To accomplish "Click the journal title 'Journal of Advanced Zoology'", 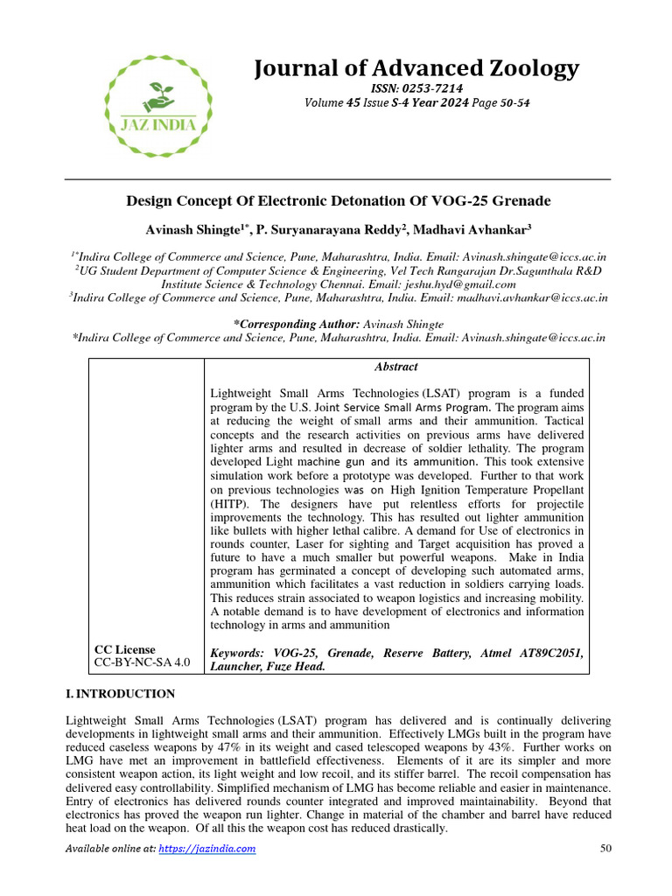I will [x=416, y=67].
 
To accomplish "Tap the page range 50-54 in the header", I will [x=512, y=102].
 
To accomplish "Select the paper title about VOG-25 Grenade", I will [x=339, y=201].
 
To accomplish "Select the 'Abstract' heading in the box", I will [x=396, y=367].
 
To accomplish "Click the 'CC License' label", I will [x=124, y=649].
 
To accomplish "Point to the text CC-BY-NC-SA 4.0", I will [x=141, y=662].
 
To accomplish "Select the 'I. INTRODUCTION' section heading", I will [x=121, y=694].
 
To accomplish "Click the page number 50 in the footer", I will [x=604, y=849].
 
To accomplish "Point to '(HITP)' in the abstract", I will [x=232, y=505].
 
